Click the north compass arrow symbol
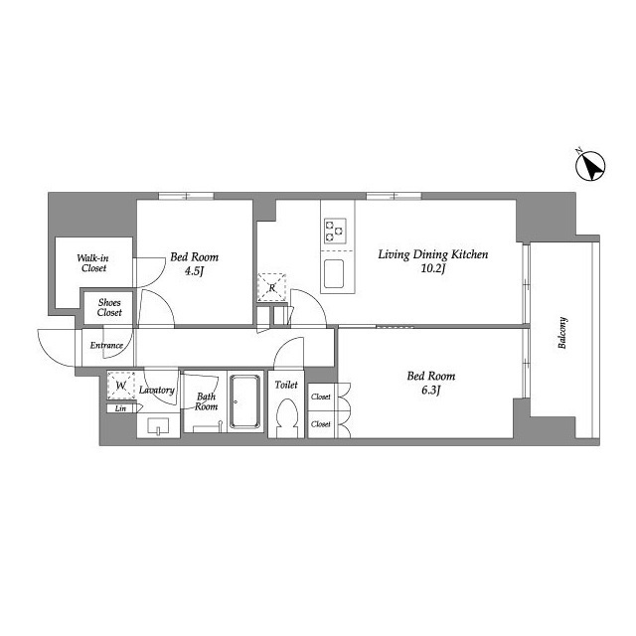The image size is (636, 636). pyautogui.click(x=591, y=167)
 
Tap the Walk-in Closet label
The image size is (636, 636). pyautogui.click(x=93, y=262)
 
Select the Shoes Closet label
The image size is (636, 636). pyautogui.click(x=109, y=307)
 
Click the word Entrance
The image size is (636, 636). pyautogui.click(x=106, y=346)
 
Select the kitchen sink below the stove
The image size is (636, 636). pyautogui.click(x=336, y=271)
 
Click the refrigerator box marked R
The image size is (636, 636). pyautogui.click(x=272, y=286)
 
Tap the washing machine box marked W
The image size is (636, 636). pyautogui.click(x=121, y=385)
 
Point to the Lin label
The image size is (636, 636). pyautogui.click(x=121, y=408)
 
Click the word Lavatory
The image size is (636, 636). pyautogui.click(x=157, y=390)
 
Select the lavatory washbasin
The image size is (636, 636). pyautogui.click(x=159, y=428)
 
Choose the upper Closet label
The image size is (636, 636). pyautogui.click(x=321, y=397)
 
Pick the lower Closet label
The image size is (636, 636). pyautogui.click(x=321, y=424)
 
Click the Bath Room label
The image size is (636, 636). pyautogui.click(x=206, y=401)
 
